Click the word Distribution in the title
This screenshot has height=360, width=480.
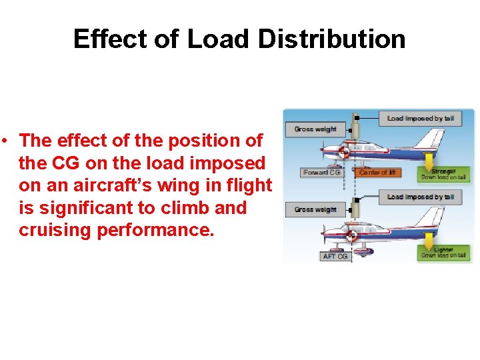[x=331, y=39]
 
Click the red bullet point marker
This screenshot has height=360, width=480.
[x=5, y=141]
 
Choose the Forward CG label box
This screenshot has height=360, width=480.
[x=321, y=173]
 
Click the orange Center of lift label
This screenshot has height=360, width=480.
[x=377, y=173]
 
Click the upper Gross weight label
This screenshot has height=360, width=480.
[x=315, y=129]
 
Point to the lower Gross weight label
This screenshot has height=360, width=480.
[x=315, y=209]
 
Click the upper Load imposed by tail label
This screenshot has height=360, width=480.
[x=420, y=119]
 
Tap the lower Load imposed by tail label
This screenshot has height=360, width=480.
[x=420, y=197]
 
